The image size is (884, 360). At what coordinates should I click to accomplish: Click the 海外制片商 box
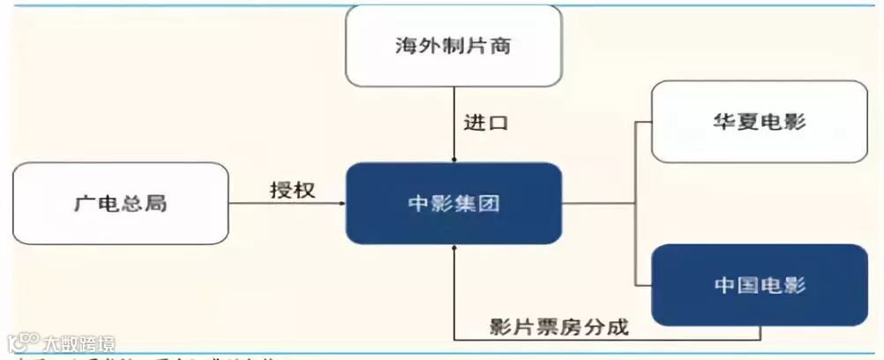(453, 46)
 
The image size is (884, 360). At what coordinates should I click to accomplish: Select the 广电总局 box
(121, 204)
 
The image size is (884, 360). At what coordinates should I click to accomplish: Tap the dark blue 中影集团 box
(453, 204)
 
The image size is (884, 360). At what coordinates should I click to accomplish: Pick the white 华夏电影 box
(759, 122)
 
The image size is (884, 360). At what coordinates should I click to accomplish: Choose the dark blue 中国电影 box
(759, 285)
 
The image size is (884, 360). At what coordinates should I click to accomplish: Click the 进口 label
(486, 123)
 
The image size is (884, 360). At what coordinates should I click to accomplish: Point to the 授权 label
(292, 190)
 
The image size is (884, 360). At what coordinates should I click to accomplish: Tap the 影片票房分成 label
(559, 326)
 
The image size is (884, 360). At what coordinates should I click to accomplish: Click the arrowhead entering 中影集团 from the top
(453, 159)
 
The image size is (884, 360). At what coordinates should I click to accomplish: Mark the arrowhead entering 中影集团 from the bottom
(453, 250)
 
